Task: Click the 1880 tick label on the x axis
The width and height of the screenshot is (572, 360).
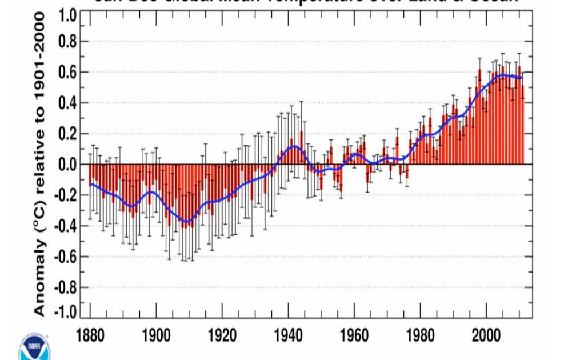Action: click(x=90, y=334)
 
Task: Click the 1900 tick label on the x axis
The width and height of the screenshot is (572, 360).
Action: click(x=157, y=334)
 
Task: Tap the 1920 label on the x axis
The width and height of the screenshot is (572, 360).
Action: click(x=222, y=334)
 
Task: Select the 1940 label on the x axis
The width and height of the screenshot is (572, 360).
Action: click(x=289, y=334)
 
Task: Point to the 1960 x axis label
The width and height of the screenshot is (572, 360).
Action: click(x=354, y=334)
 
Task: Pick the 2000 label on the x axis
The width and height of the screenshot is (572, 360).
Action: click(x=486, y=334)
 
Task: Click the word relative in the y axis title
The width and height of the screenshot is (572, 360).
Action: click(x=39, y=154)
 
